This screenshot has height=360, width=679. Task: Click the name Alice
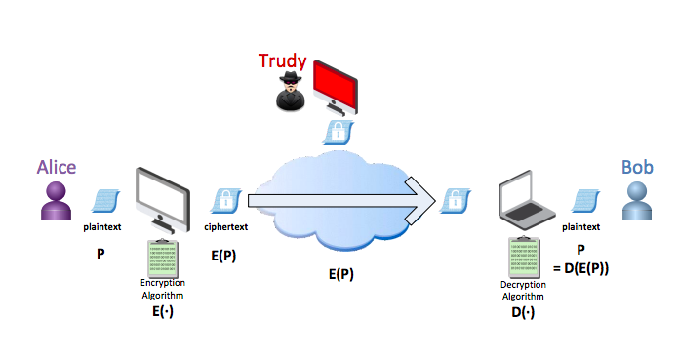pyautogui.click(x=57, y=167)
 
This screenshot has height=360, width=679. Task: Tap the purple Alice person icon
pyautogui.click(x=56, y=201)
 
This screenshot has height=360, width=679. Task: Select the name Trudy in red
pyautogui.click(x=282, y=61)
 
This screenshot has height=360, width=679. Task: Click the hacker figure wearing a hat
pyautogui.click(x=290, y=91)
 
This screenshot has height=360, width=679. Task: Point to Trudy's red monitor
pyautogui.click(x=336, y=88)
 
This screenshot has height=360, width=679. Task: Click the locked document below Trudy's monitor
pyautogui.click(x=339, y=133)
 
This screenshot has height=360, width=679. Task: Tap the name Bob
pyautogui.click(x=637, y=167)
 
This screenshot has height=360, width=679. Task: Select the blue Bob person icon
pyautogui.click(x=636, y=201)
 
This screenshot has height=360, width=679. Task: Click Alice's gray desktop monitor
pyautogui.click(x=163, y=200)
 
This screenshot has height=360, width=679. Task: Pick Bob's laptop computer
pyautogui.click(x=526, y=200)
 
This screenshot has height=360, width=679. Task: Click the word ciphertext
pyautogui.click(x=226, y=227)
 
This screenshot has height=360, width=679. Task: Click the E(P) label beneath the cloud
pyautogui.click(x=341, y=274)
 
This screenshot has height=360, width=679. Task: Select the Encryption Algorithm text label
pyautogui.click(x=163, y=289)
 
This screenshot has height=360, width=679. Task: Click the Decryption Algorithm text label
pyautogui.click(x=523, y=291)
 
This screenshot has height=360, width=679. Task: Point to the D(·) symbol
pyautogui.click(x=523, y=312)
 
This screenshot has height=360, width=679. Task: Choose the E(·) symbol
pyautogui.click(x=163, y=311)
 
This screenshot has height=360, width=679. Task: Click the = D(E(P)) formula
pyautogui.click(x=581, y=268)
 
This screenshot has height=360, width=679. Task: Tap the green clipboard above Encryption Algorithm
pyautogui.click(x=163, y=259)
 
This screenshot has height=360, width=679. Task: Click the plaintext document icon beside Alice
pyautogui.click(x=105, y=201)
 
